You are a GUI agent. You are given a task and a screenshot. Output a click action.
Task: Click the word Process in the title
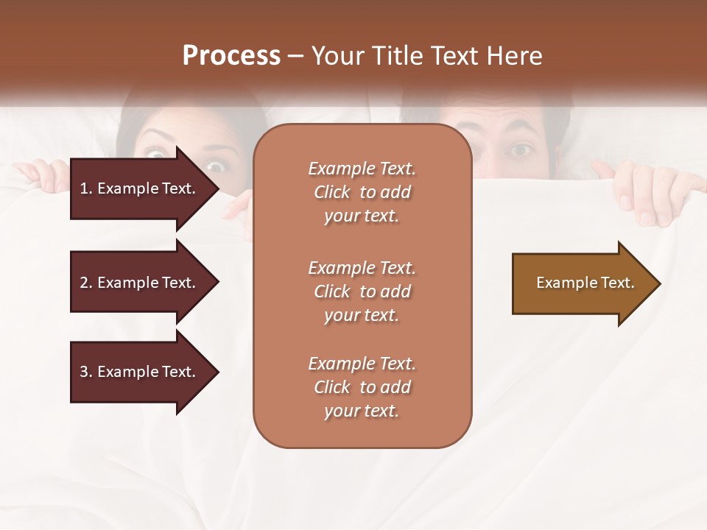tap(231, 56)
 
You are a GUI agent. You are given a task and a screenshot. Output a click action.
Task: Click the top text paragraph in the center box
tap(362, 192)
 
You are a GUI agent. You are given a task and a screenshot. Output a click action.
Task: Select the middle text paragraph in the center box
tap(362, 291)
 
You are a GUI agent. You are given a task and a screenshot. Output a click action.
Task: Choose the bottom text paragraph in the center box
tap(362, 387)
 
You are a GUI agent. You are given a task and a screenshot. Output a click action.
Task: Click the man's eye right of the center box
tap(521, 150)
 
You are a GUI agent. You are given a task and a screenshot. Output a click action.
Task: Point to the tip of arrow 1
tap(217, 188)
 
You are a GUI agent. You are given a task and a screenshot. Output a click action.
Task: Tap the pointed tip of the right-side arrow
tap(659, 283)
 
